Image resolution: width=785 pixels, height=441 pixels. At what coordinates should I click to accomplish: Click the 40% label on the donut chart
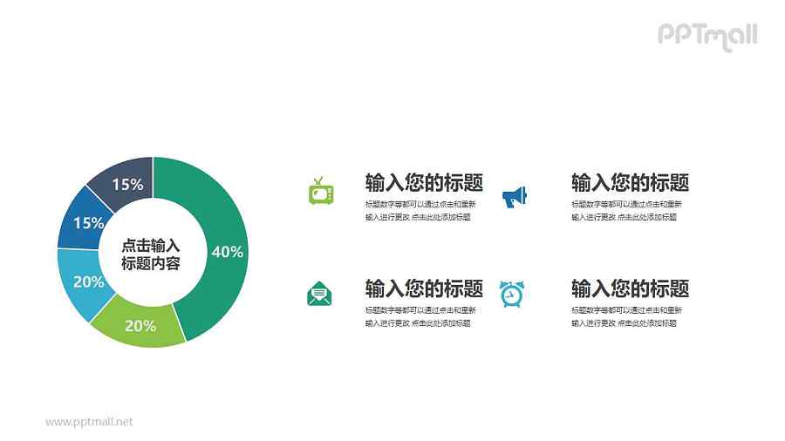tap(227, 252)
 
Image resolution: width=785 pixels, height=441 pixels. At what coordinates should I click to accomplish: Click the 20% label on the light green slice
tap(140, 326)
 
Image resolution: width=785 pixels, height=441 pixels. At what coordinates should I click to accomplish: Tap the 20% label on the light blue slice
tap(88, 282)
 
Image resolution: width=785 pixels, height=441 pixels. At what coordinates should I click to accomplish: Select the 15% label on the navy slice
tap(127, 184)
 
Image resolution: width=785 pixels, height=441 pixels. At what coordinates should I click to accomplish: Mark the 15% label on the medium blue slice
tap(88, 223)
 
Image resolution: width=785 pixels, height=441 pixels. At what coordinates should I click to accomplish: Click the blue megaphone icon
tap(515, 196)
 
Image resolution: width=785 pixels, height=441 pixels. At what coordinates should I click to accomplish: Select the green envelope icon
tap(319, 294)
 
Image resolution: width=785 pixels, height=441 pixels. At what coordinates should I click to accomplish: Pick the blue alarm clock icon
tap(511, 294)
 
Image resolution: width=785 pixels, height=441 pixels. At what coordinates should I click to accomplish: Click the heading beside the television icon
tap(424, 182)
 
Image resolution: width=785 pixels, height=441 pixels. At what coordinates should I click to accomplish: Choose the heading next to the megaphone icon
tap(630, 182)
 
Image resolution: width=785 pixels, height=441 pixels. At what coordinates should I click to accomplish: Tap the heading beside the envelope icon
tap(424, 288)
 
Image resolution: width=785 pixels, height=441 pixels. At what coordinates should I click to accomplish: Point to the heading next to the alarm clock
tap(630, 288)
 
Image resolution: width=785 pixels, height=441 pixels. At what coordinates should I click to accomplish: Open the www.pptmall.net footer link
tap(89, 422)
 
